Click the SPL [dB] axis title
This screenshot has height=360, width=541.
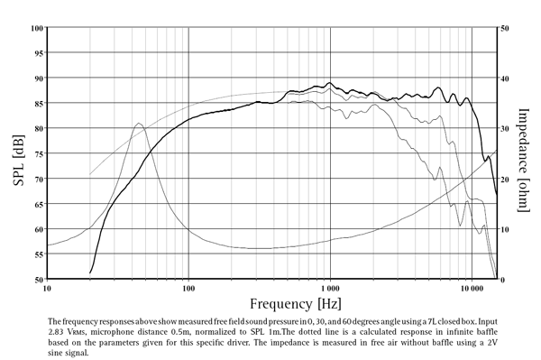18,152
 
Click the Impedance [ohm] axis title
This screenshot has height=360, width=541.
524,152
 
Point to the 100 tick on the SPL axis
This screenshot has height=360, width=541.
37,27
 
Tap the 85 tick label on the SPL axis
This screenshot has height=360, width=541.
39,103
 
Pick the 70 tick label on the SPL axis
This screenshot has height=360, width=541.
39,179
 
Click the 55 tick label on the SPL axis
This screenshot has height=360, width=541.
39,254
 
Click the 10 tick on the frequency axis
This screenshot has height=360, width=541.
47,289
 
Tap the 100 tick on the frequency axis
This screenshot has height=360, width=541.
188,289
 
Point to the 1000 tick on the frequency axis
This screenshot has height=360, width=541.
330,289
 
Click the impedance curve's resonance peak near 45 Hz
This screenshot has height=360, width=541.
138,124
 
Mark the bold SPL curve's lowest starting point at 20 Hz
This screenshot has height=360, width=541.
90,272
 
